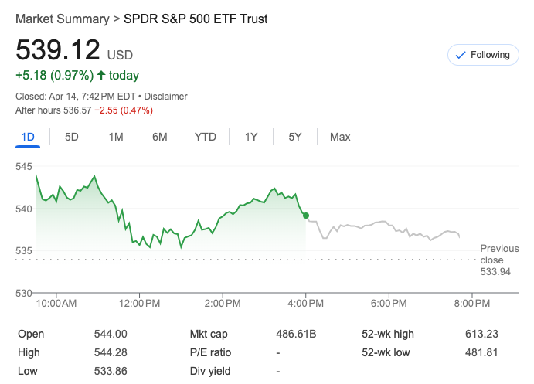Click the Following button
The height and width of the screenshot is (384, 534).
483,55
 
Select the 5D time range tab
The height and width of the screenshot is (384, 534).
72,137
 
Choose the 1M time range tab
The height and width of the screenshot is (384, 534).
116,137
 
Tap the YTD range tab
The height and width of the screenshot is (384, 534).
205,137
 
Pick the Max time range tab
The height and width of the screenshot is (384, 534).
340,137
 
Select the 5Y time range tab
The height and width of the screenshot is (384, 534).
295,137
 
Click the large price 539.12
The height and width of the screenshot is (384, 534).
59,50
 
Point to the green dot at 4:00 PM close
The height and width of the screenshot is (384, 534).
307,216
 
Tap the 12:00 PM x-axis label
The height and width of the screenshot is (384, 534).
139,304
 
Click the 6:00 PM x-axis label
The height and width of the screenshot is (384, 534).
389,304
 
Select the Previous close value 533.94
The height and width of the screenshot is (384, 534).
495,272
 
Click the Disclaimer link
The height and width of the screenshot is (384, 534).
165,97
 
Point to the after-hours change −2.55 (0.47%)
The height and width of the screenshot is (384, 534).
124,110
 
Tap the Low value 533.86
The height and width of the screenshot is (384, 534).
111,371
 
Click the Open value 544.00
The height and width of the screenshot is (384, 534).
111,334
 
